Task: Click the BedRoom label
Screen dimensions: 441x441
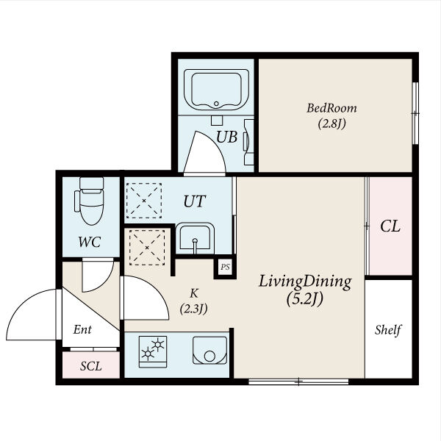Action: [x=331, y=108]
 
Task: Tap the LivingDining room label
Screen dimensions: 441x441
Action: [x=305, y=282]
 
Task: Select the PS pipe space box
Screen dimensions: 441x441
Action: [x=225, y=267]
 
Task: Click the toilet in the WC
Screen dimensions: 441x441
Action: [x=90, y=201]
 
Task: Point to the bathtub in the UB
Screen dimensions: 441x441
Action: [x=216, y=90]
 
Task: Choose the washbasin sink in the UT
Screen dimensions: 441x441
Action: [x=195, y=237]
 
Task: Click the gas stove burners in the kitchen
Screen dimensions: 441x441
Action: [x=153, y=351]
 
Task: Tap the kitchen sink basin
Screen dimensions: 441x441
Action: [x=209, y=351]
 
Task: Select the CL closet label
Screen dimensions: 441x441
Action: [x=390, y=226]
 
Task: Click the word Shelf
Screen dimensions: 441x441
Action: [x=388, y=330]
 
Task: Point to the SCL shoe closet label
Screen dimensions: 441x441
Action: [x=90, y=366]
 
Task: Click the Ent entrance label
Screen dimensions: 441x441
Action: [x=82, y=329]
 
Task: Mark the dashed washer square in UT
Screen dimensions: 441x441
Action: [x=144, y=201]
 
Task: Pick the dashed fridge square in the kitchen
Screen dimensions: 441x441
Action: [x=147, y=248]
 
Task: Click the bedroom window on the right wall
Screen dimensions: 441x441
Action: [x=415, y=113]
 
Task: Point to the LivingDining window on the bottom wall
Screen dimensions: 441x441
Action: [x=298, y=381]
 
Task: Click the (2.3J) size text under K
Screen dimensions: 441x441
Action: [x=194, y=309]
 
